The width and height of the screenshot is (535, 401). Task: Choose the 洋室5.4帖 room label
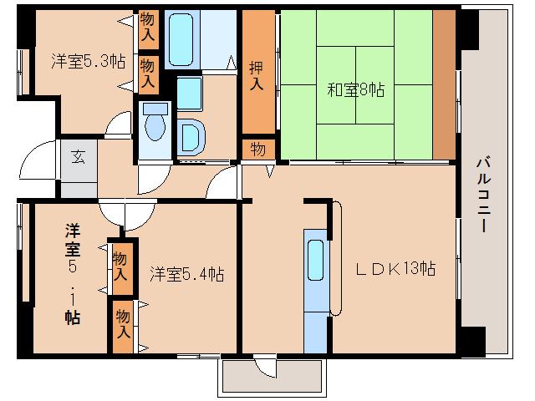pos(186,273)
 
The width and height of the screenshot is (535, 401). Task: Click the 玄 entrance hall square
pos(78,155)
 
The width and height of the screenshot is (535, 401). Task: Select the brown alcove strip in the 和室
pos(444,84)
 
